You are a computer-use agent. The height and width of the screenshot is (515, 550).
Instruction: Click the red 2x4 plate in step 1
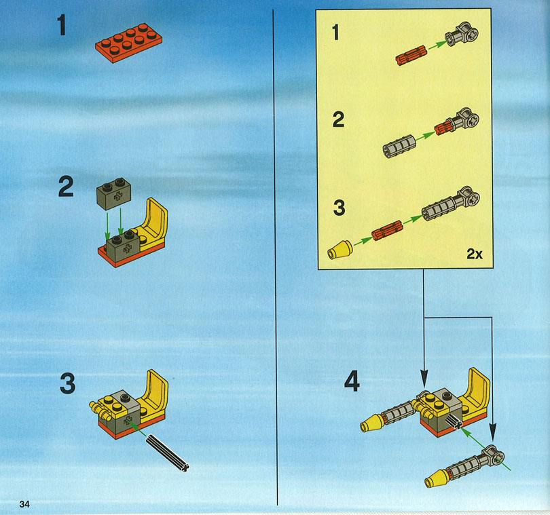[x=129, y=43]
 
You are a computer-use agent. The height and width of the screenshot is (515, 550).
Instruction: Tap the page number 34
[x=24, y=504]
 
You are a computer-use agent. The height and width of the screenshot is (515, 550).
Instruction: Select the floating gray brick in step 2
[x=114, y=193]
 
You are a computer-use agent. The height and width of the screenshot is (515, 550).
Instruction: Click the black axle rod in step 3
[x=167, y=453]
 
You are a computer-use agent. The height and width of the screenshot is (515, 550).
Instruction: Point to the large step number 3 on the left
[x=68, y=383]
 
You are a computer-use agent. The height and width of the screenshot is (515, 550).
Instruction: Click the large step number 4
[x=352, y=381]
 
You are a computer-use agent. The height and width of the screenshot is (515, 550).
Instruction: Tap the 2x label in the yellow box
[x=475, y=254]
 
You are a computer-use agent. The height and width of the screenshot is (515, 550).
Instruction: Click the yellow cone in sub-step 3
[x=340, y=250]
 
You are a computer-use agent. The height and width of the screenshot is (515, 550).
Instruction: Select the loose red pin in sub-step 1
[x=411, y=56]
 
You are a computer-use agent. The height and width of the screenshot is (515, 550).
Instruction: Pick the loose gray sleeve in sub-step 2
[x=399, y=146]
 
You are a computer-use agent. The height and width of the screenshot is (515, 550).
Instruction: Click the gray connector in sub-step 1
[x=462, y=35]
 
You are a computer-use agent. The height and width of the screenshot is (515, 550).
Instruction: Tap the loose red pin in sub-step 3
[x=387, y=230]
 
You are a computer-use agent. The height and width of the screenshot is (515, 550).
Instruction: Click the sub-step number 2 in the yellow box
[x=339, y=119]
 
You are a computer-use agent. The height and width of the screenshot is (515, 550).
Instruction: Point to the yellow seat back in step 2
[x=156, y=219]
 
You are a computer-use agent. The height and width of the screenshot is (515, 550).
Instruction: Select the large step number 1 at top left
[x=62, y=24]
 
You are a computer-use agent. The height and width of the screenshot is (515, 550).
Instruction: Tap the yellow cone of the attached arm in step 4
[x=372, y=423]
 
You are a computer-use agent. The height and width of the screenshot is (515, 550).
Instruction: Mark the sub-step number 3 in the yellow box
[x=339, y=208]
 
